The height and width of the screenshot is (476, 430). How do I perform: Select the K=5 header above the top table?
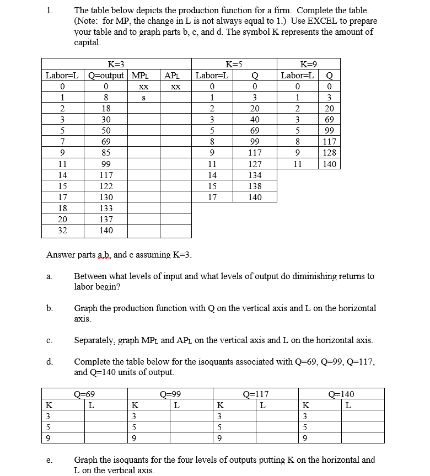point(235,64)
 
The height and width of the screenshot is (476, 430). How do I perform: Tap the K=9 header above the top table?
point(308,64)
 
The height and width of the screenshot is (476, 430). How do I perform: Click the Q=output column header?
point(106,75)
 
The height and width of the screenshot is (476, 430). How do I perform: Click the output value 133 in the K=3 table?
point(106,208)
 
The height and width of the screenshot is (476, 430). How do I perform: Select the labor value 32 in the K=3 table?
point(63,231)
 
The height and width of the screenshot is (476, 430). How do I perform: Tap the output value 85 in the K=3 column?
point(106,153)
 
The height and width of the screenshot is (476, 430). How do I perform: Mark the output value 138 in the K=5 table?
point(255,186)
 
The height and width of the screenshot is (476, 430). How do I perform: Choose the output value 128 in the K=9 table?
point(329,153)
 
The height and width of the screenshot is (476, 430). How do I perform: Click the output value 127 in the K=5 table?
point(255,164)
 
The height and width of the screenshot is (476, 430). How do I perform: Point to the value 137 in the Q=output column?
point(106,220)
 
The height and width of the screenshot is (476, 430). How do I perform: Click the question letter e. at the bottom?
point(50,460)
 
